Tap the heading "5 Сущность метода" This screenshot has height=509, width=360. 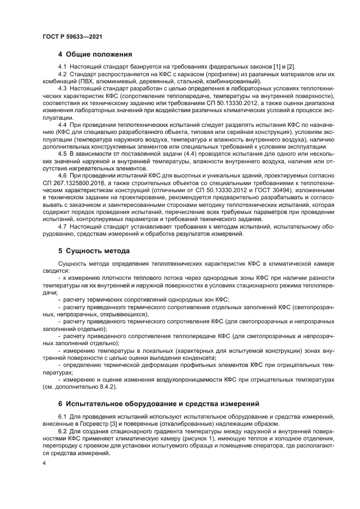(x=94, y=251)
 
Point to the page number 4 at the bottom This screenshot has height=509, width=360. (x=44, y=463)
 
